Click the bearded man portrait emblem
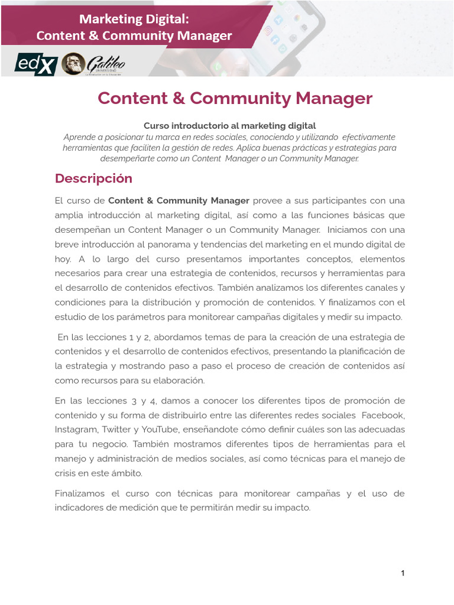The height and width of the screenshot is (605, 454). coord(72,63)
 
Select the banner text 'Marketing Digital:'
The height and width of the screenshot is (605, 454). coord(134,19)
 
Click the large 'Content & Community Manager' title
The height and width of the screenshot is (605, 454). coord(235,98)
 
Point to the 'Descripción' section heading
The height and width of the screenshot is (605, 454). coord(93,178)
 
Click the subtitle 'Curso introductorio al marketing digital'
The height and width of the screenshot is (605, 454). coord(230,126)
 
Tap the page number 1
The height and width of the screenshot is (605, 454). coord(403,573)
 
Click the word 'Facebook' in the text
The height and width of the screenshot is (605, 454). coord(383,415)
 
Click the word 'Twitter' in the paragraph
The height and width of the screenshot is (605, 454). coord(116,430)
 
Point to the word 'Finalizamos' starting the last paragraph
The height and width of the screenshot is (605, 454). coord(79,493)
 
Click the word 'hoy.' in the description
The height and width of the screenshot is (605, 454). coord(63,259)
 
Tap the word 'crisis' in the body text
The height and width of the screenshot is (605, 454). coord(66,473)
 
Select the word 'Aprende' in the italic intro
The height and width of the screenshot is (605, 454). coord(78,137)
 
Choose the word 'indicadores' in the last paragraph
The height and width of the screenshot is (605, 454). coord(79,508)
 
